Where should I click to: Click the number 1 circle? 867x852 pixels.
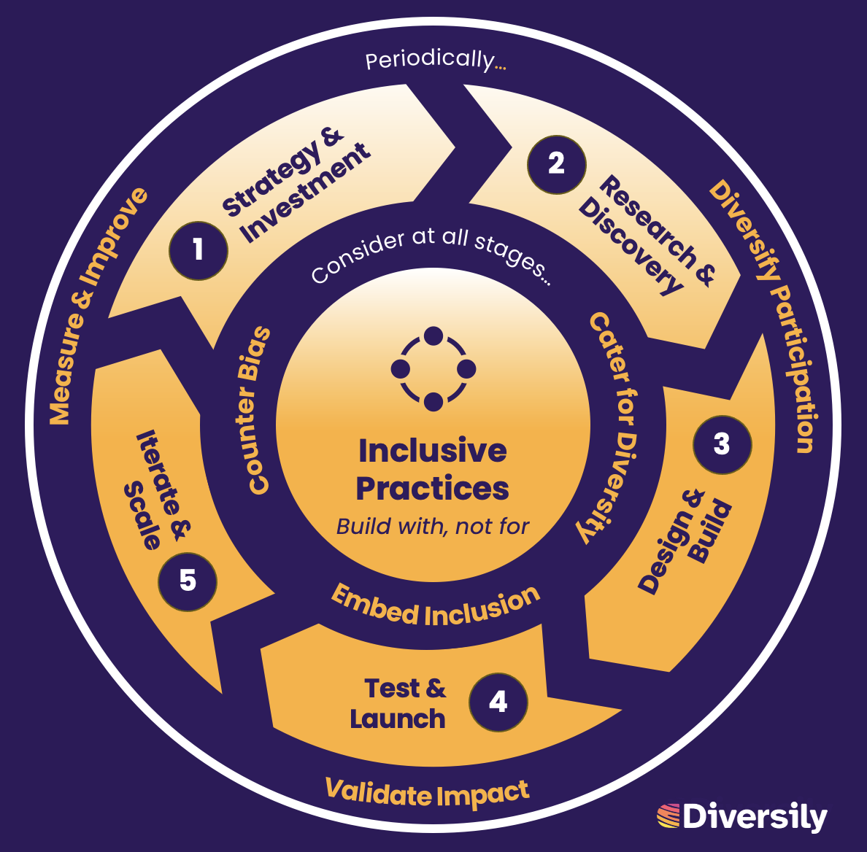[x=199, y=250]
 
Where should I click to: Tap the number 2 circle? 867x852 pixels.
[x=556, y=163]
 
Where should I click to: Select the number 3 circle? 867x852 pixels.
[x=722, y=444]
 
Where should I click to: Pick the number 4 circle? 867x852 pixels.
[x=498, y=702]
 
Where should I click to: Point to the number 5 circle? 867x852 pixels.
[x=188, y=581]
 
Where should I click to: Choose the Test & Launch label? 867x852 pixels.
[x=399, y=703]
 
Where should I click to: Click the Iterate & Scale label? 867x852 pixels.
[x=155, y=489]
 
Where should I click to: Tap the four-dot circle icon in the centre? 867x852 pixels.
[x=433, y=369]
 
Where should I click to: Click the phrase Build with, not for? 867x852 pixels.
[x=433, y=527]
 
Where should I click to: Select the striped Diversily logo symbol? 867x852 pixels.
[x=668, y=816]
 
